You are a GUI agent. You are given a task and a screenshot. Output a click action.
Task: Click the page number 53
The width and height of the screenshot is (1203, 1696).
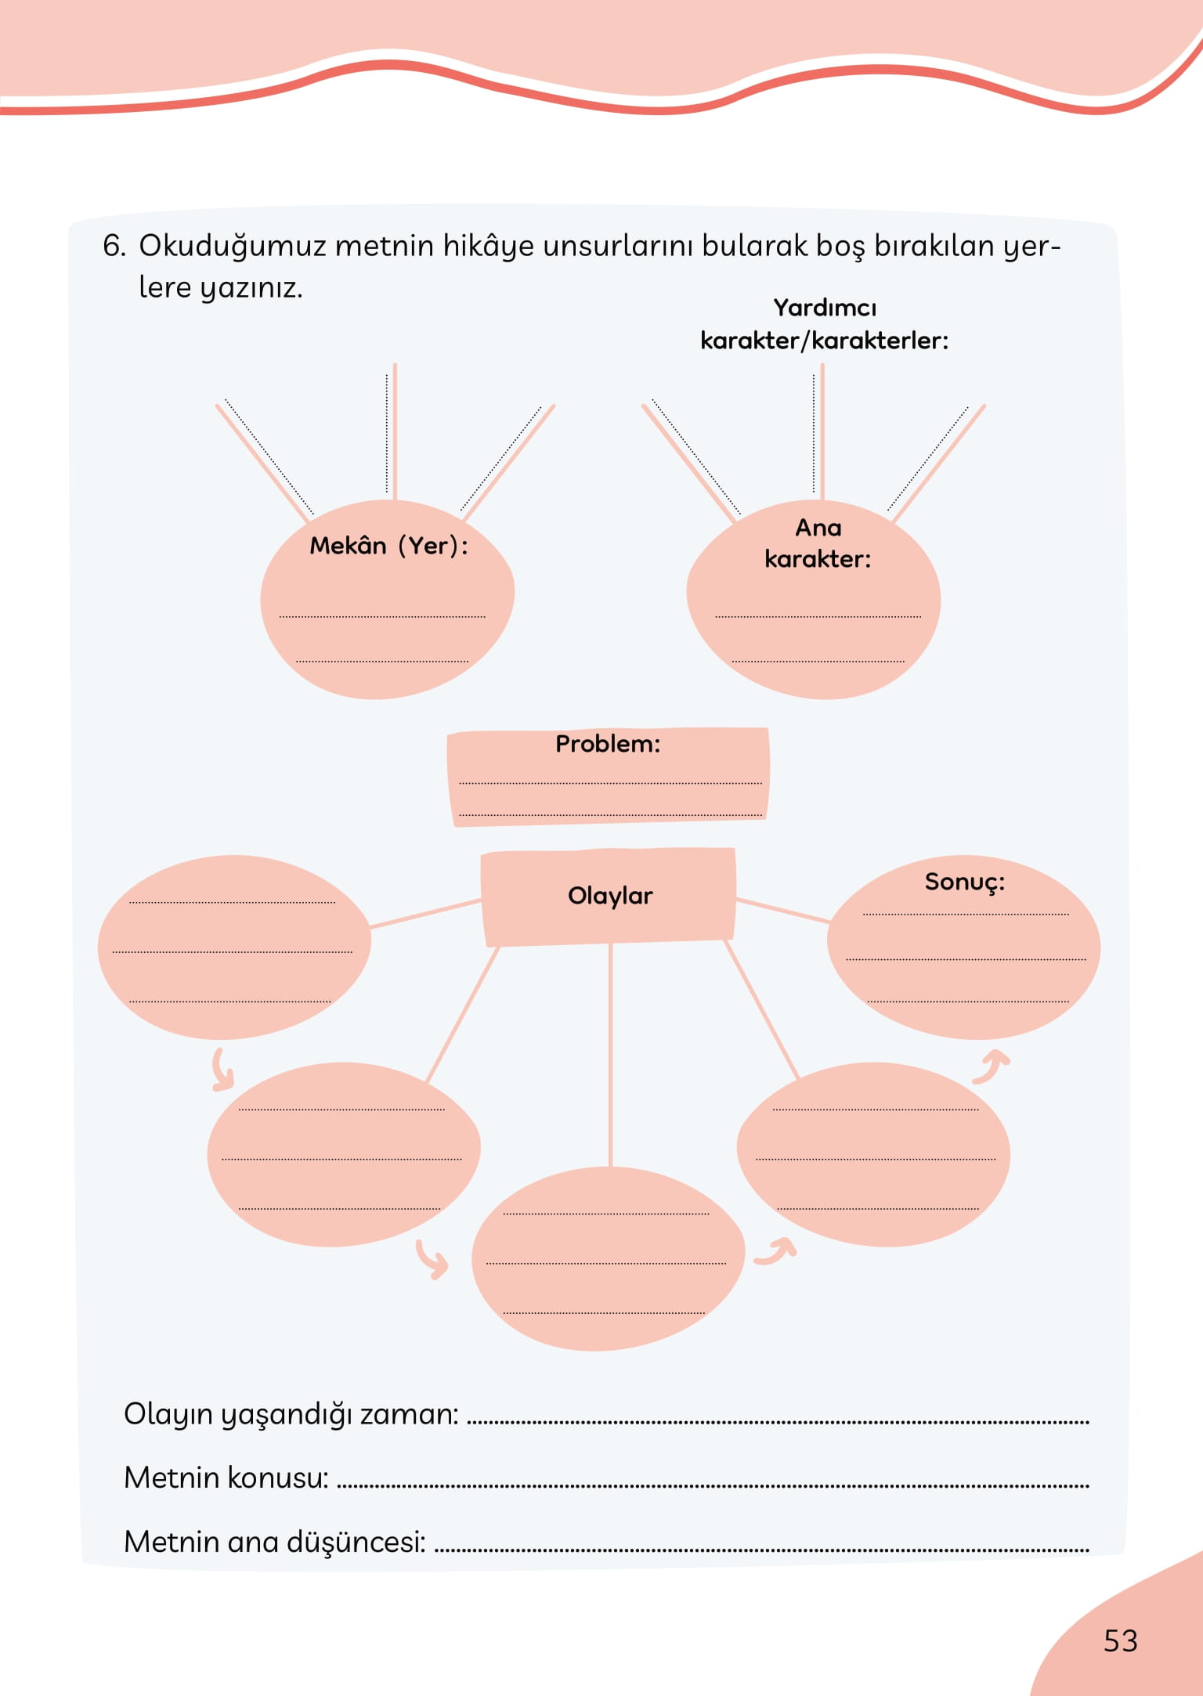(x=1120, y=1640)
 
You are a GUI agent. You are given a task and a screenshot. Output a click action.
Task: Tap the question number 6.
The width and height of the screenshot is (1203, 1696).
(x=114, y=246)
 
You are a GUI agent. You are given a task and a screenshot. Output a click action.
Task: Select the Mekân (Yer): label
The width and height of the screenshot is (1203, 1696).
(x=388, y=545)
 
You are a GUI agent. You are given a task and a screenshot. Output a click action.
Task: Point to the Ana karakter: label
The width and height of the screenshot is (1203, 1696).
(x=818, y=543)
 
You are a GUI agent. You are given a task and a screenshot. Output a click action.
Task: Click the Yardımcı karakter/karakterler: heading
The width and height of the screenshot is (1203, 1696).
(x=824, y=324)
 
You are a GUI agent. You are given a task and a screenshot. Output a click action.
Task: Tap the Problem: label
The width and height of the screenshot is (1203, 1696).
(x=608, y=744)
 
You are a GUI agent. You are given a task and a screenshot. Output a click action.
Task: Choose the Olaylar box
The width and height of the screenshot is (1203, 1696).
(x=609, y=896)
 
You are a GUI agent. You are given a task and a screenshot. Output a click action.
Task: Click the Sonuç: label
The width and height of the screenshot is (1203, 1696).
(x=964, y=882)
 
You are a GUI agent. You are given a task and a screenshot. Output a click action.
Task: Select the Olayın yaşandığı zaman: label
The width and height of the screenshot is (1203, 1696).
(x=291, y=1414)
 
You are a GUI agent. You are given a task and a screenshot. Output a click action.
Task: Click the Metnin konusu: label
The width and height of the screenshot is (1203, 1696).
(x=226, y=1478)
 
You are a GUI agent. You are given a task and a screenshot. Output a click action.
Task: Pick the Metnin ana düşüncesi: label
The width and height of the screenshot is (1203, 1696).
(x=275, y=1541)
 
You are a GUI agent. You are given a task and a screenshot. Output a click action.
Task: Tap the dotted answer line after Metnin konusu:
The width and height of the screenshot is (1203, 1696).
(x=713, y=1484)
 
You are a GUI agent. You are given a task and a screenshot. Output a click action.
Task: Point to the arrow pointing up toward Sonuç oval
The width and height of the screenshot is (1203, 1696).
(x=992, y=1066)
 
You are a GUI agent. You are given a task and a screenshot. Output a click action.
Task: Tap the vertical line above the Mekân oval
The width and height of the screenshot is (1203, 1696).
(x=395, y=431)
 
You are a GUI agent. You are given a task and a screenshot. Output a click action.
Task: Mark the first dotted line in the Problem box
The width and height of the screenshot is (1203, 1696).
(x=610, y=782)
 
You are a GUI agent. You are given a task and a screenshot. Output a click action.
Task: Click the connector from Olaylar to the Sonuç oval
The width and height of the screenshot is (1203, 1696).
(x=782, y=910)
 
